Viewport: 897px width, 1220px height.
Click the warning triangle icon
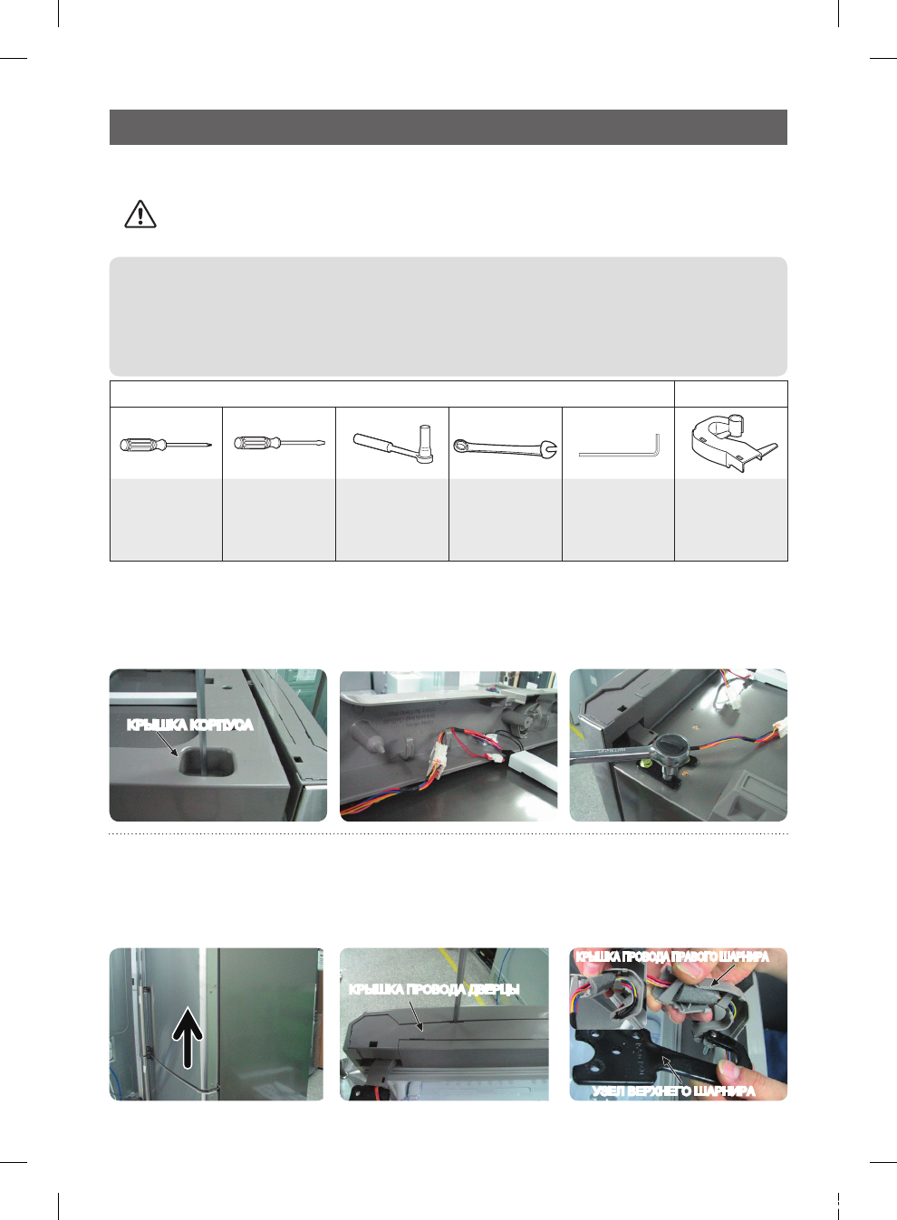(140, 214)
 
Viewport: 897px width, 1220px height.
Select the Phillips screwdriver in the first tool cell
(166, 445)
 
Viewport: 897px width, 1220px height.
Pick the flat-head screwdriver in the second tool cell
(279, 444)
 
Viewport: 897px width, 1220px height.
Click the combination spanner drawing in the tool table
(505, 446)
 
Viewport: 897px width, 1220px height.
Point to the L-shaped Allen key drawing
(619, 447)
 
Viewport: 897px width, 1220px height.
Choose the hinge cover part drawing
(731, 444)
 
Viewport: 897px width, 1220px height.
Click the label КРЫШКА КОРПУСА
(189, 725)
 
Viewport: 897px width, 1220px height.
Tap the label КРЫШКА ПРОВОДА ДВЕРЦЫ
(434, 989)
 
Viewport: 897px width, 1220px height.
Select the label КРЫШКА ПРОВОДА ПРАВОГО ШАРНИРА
(672, 956)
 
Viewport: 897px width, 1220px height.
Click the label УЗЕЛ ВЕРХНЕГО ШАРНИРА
(673, 1090)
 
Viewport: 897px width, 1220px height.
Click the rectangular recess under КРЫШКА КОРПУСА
(207, 763)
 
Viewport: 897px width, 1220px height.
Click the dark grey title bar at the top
(448, 128)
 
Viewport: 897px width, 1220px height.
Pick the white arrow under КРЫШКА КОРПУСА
(167, 744)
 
